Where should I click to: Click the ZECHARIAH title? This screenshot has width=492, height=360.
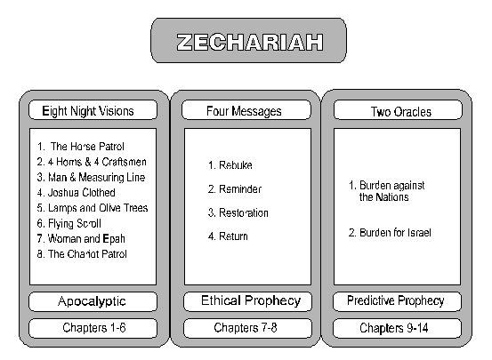click(x=249, y=42)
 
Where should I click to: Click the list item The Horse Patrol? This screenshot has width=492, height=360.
click(x=81, y=147)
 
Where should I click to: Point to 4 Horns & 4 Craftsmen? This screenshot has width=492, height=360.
click(x=92, y=162)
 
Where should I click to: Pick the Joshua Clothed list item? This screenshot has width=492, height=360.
click(x=76, y=193)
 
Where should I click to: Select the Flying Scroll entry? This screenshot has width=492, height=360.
click(x=69, y=224)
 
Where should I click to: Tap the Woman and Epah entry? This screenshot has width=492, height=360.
click(x=81, y=239)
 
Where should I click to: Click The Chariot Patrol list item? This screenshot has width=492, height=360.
click(x=82, y=254)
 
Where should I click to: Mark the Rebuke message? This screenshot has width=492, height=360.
click(x=230, y=165)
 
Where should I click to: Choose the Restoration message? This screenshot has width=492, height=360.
click(x=238, y=213)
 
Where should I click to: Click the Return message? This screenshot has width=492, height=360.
click(x=228, y=236)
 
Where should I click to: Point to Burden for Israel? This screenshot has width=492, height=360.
click(x=390, y=233)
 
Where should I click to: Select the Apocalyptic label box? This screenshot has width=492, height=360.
click(x=93, y=301)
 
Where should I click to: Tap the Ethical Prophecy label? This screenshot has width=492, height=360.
click(x=248, y=301)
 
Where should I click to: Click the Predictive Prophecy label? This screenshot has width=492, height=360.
click(x=397, y=301)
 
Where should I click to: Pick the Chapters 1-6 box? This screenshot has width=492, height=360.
click(x=93, y=328)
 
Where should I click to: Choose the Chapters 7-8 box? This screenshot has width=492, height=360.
click(x=248, y=328)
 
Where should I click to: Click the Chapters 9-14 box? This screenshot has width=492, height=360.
click(x=397, y=328)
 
